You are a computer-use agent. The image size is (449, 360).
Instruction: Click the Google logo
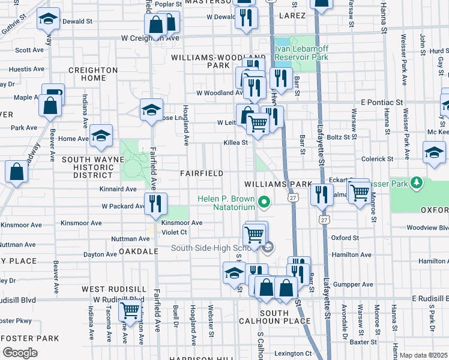[20, 353]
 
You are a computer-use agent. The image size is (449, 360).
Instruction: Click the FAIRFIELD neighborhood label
[202, 173]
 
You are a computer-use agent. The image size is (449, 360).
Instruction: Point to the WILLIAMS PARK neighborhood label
[277, 184]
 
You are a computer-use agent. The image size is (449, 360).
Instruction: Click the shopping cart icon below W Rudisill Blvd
[130, 311]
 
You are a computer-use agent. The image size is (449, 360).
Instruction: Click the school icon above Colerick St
[434, 152]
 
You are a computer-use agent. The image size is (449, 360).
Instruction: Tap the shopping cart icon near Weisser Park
[360, 193]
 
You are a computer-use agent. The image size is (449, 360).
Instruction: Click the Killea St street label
[236, 143]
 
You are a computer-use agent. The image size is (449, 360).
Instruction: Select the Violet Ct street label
[175, 232]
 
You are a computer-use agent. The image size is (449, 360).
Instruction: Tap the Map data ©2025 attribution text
[424, 355]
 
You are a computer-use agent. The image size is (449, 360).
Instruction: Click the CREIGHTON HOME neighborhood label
[94, 74]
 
